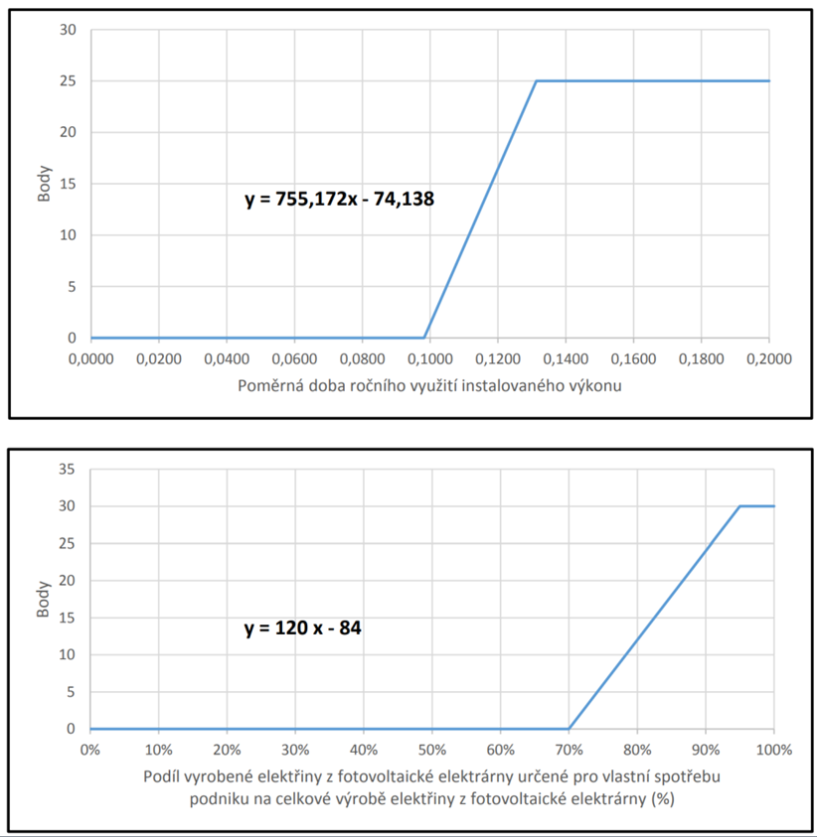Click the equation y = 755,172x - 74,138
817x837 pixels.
(x=339, y=200)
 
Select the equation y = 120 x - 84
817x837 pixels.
(x=302, y=628)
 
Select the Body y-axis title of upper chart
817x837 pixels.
(x=45, y=184)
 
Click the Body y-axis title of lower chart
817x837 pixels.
(x=45, y=600)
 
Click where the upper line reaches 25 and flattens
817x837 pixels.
(x=537, y=81)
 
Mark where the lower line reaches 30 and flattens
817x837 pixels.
(x=740, y=506)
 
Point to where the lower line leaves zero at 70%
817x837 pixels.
(x=569, y=729)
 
